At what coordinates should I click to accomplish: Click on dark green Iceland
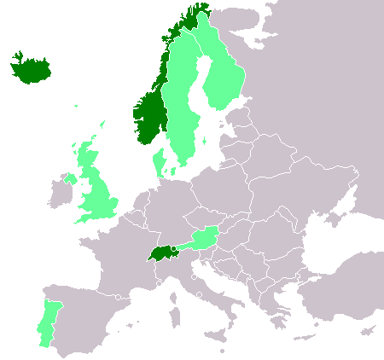pos(31,69)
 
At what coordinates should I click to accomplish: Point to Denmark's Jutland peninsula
pos(159,162)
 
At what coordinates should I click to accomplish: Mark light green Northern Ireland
pos(69,180)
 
